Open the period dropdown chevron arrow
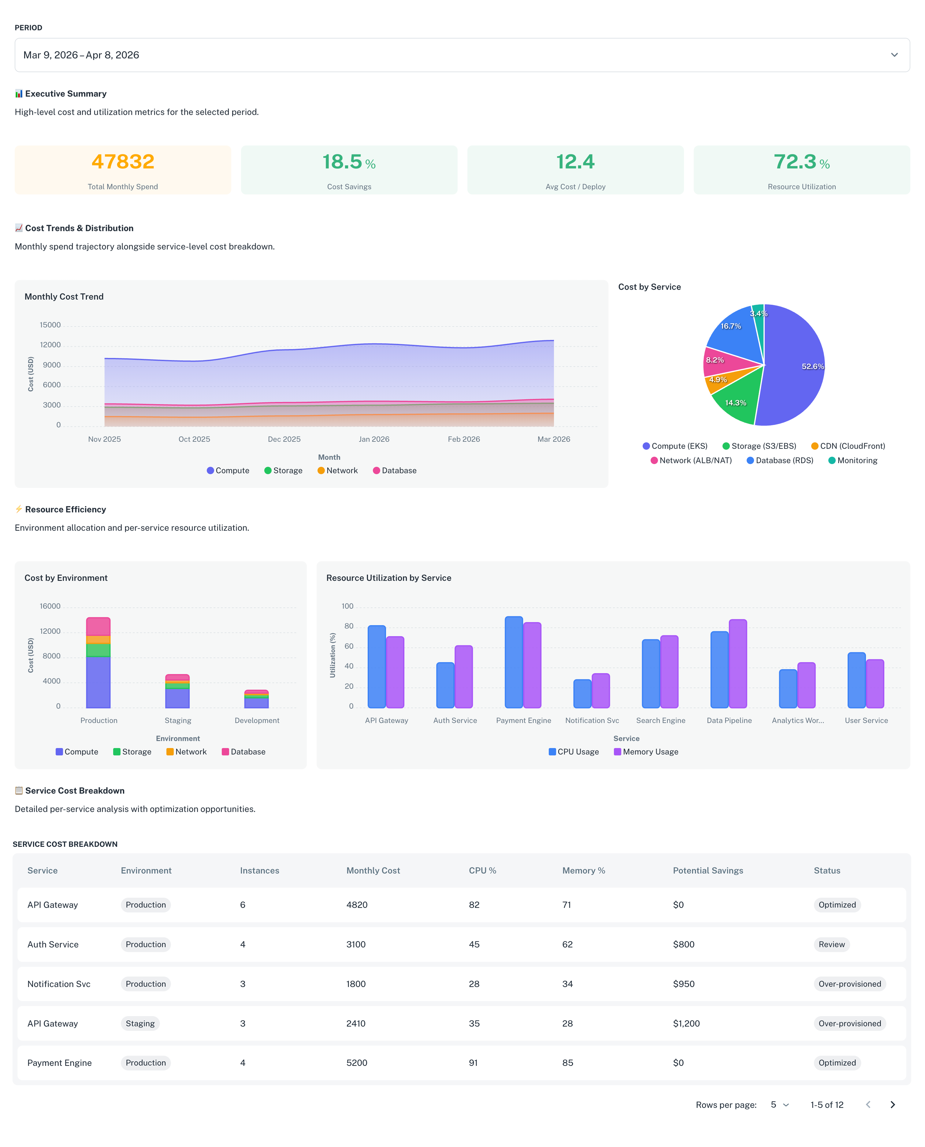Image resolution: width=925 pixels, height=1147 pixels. (x=894, y=55)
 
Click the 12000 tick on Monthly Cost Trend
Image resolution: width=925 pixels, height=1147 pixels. (x=50, y=345)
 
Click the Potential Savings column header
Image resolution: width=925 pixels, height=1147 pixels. (x=708, y=871)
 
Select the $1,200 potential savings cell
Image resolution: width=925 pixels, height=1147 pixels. (x=686, y=1023)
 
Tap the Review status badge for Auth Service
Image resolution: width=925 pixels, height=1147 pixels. (x=831, y=945)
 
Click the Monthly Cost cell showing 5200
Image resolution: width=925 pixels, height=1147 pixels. (x=356, y=1063)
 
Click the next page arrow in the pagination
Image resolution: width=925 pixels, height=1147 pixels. (x=893, y=1105)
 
